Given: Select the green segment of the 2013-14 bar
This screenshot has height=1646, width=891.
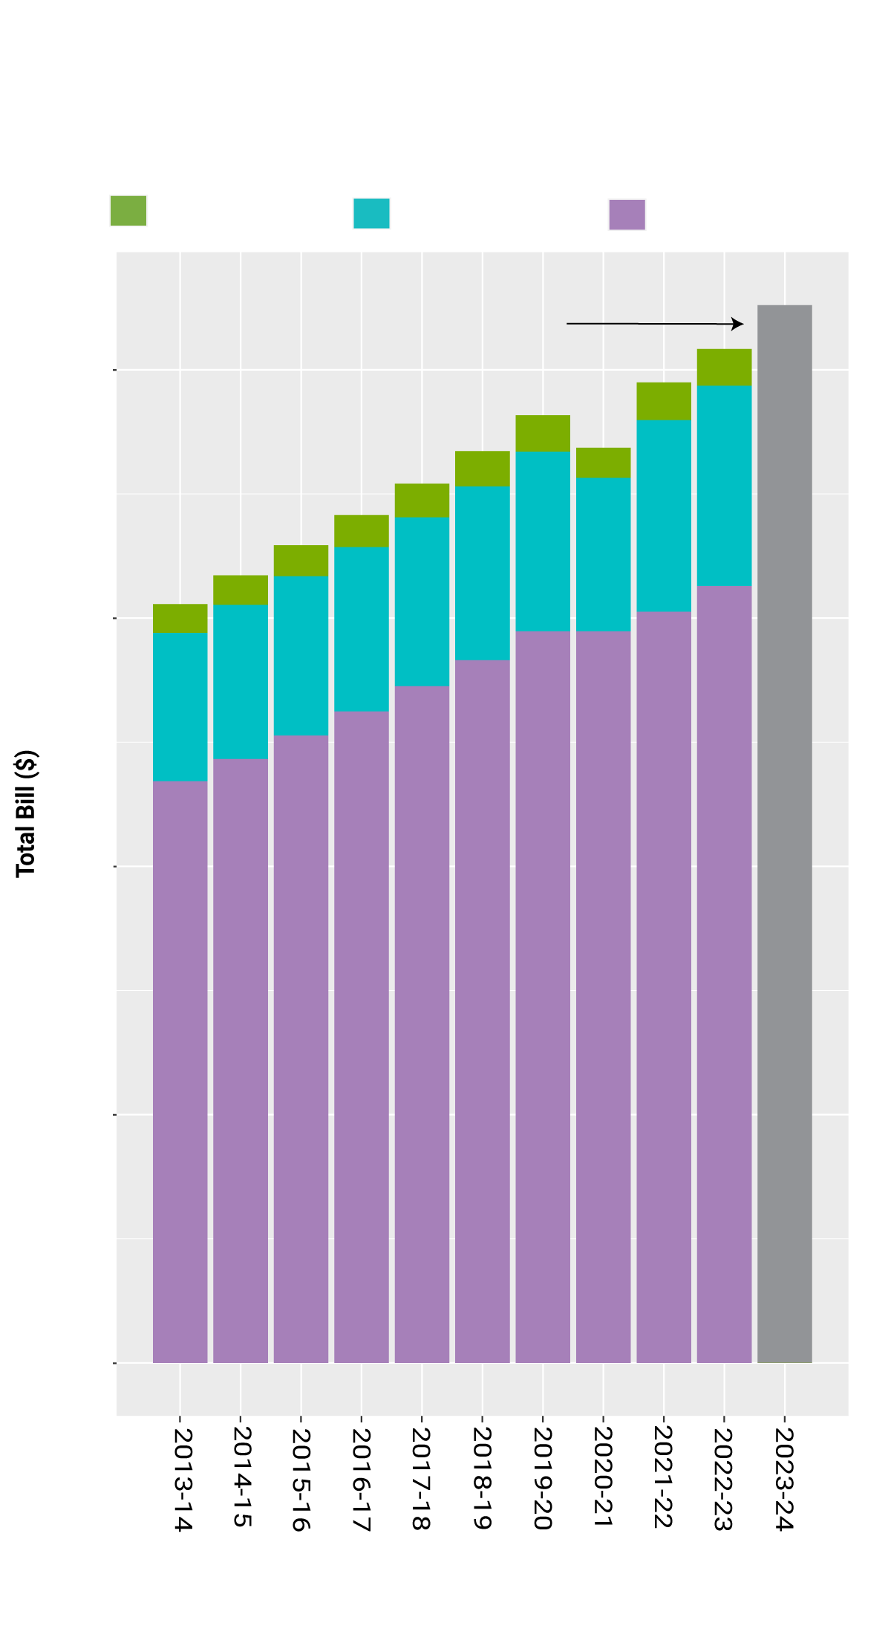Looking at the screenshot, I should click(x=180, y=618).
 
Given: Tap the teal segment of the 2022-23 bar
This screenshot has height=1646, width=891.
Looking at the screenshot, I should click(x=724, y=486).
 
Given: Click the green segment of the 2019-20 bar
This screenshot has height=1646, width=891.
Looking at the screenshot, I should click(x=543, y=433).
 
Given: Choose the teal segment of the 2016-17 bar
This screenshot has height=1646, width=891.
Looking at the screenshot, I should click(x=362, y=629).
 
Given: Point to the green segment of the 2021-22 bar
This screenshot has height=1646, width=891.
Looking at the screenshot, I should click(x=664, y=401).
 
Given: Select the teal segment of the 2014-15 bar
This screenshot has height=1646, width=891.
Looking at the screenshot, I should click(x=241, y=681).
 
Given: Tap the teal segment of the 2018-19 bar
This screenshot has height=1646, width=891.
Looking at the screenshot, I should click(x=483, y=573).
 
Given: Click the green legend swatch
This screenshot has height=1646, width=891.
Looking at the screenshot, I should click(x=128, y=210).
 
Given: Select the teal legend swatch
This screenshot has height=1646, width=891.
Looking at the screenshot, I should click(x=371, y=213).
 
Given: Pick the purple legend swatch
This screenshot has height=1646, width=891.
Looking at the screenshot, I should click(x=627, y=215).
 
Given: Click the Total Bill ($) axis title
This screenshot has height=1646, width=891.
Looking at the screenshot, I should click(x=26, y=813).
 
